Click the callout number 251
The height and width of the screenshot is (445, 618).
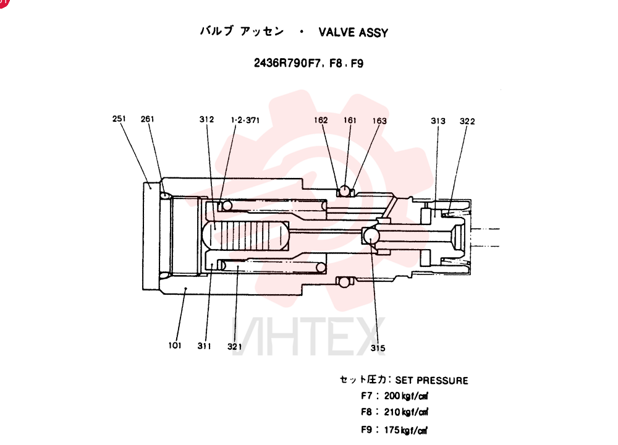(119, 119)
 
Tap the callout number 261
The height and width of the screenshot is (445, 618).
(148, 119)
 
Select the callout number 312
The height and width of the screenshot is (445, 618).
(206, 119)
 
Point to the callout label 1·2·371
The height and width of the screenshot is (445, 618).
(245, 120)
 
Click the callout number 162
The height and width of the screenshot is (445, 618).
(321, 120)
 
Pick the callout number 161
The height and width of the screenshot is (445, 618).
(350, 121)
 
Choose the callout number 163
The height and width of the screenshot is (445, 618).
(379, 121)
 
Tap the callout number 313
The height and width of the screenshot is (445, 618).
(438, 121)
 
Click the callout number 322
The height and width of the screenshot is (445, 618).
(467, 121)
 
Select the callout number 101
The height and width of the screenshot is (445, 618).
(175, 345)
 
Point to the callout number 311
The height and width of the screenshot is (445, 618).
(204, 345)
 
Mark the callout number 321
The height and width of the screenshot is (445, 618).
(234, 347)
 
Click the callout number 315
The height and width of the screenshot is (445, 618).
(378, 348)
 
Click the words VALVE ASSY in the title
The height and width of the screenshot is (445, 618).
(353, 32)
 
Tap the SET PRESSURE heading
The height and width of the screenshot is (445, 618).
(431, 380)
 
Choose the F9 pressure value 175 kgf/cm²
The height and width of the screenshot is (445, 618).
(406, 430)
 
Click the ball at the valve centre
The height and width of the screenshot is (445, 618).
(371, 236)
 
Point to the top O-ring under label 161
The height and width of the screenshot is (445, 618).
(345, 191)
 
